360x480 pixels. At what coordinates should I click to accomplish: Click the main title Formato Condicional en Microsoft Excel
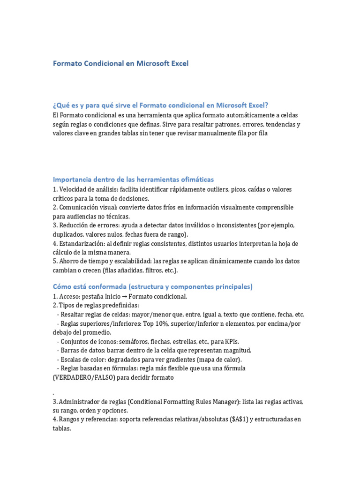(x=120, y=63)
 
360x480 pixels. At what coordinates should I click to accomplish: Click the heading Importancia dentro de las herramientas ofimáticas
(x=133, y=179)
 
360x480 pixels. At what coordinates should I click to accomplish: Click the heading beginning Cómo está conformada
(x=152, y=286)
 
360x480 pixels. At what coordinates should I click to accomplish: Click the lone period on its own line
(x=54, y=391)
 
